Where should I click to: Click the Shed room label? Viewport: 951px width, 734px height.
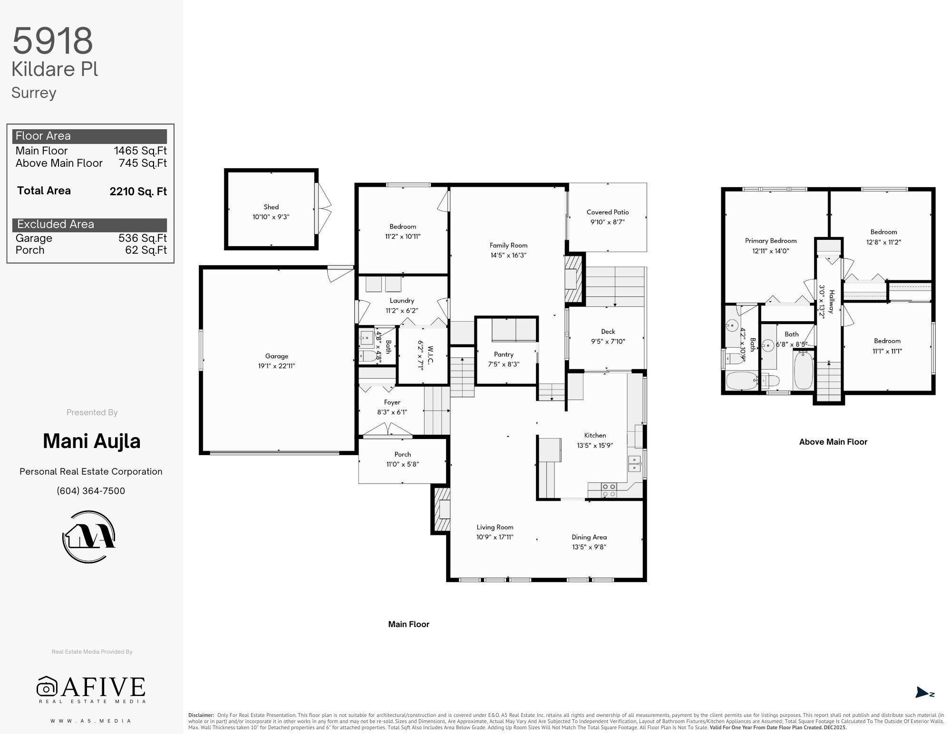point(271,207)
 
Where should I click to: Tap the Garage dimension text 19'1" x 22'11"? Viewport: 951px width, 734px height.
point(277,366)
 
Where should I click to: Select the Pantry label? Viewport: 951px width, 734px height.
point(504,354)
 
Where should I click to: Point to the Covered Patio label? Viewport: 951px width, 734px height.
point(608,212)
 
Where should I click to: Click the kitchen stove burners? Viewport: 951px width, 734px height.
point(609,490)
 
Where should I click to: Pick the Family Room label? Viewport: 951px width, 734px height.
point(508,245)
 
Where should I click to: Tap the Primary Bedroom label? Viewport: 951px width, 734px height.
point(771,241)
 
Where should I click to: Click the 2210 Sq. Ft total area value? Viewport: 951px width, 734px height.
point(138,191)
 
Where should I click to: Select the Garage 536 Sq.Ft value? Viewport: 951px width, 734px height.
point(143,238)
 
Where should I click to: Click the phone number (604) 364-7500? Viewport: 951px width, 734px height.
point(91,491)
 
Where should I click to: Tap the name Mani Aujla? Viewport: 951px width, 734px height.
point(92,441)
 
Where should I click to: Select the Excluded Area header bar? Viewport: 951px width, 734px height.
point(90,225)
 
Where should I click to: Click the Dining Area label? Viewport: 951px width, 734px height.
point(589,537)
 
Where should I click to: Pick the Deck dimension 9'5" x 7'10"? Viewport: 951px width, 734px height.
point(608,341)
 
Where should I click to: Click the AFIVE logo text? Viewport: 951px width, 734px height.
point(104,687)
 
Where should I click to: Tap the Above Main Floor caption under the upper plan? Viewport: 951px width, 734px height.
point(833,442)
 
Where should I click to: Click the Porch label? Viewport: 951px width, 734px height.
point(402,455)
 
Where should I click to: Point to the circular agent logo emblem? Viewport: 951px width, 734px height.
point(89,536)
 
